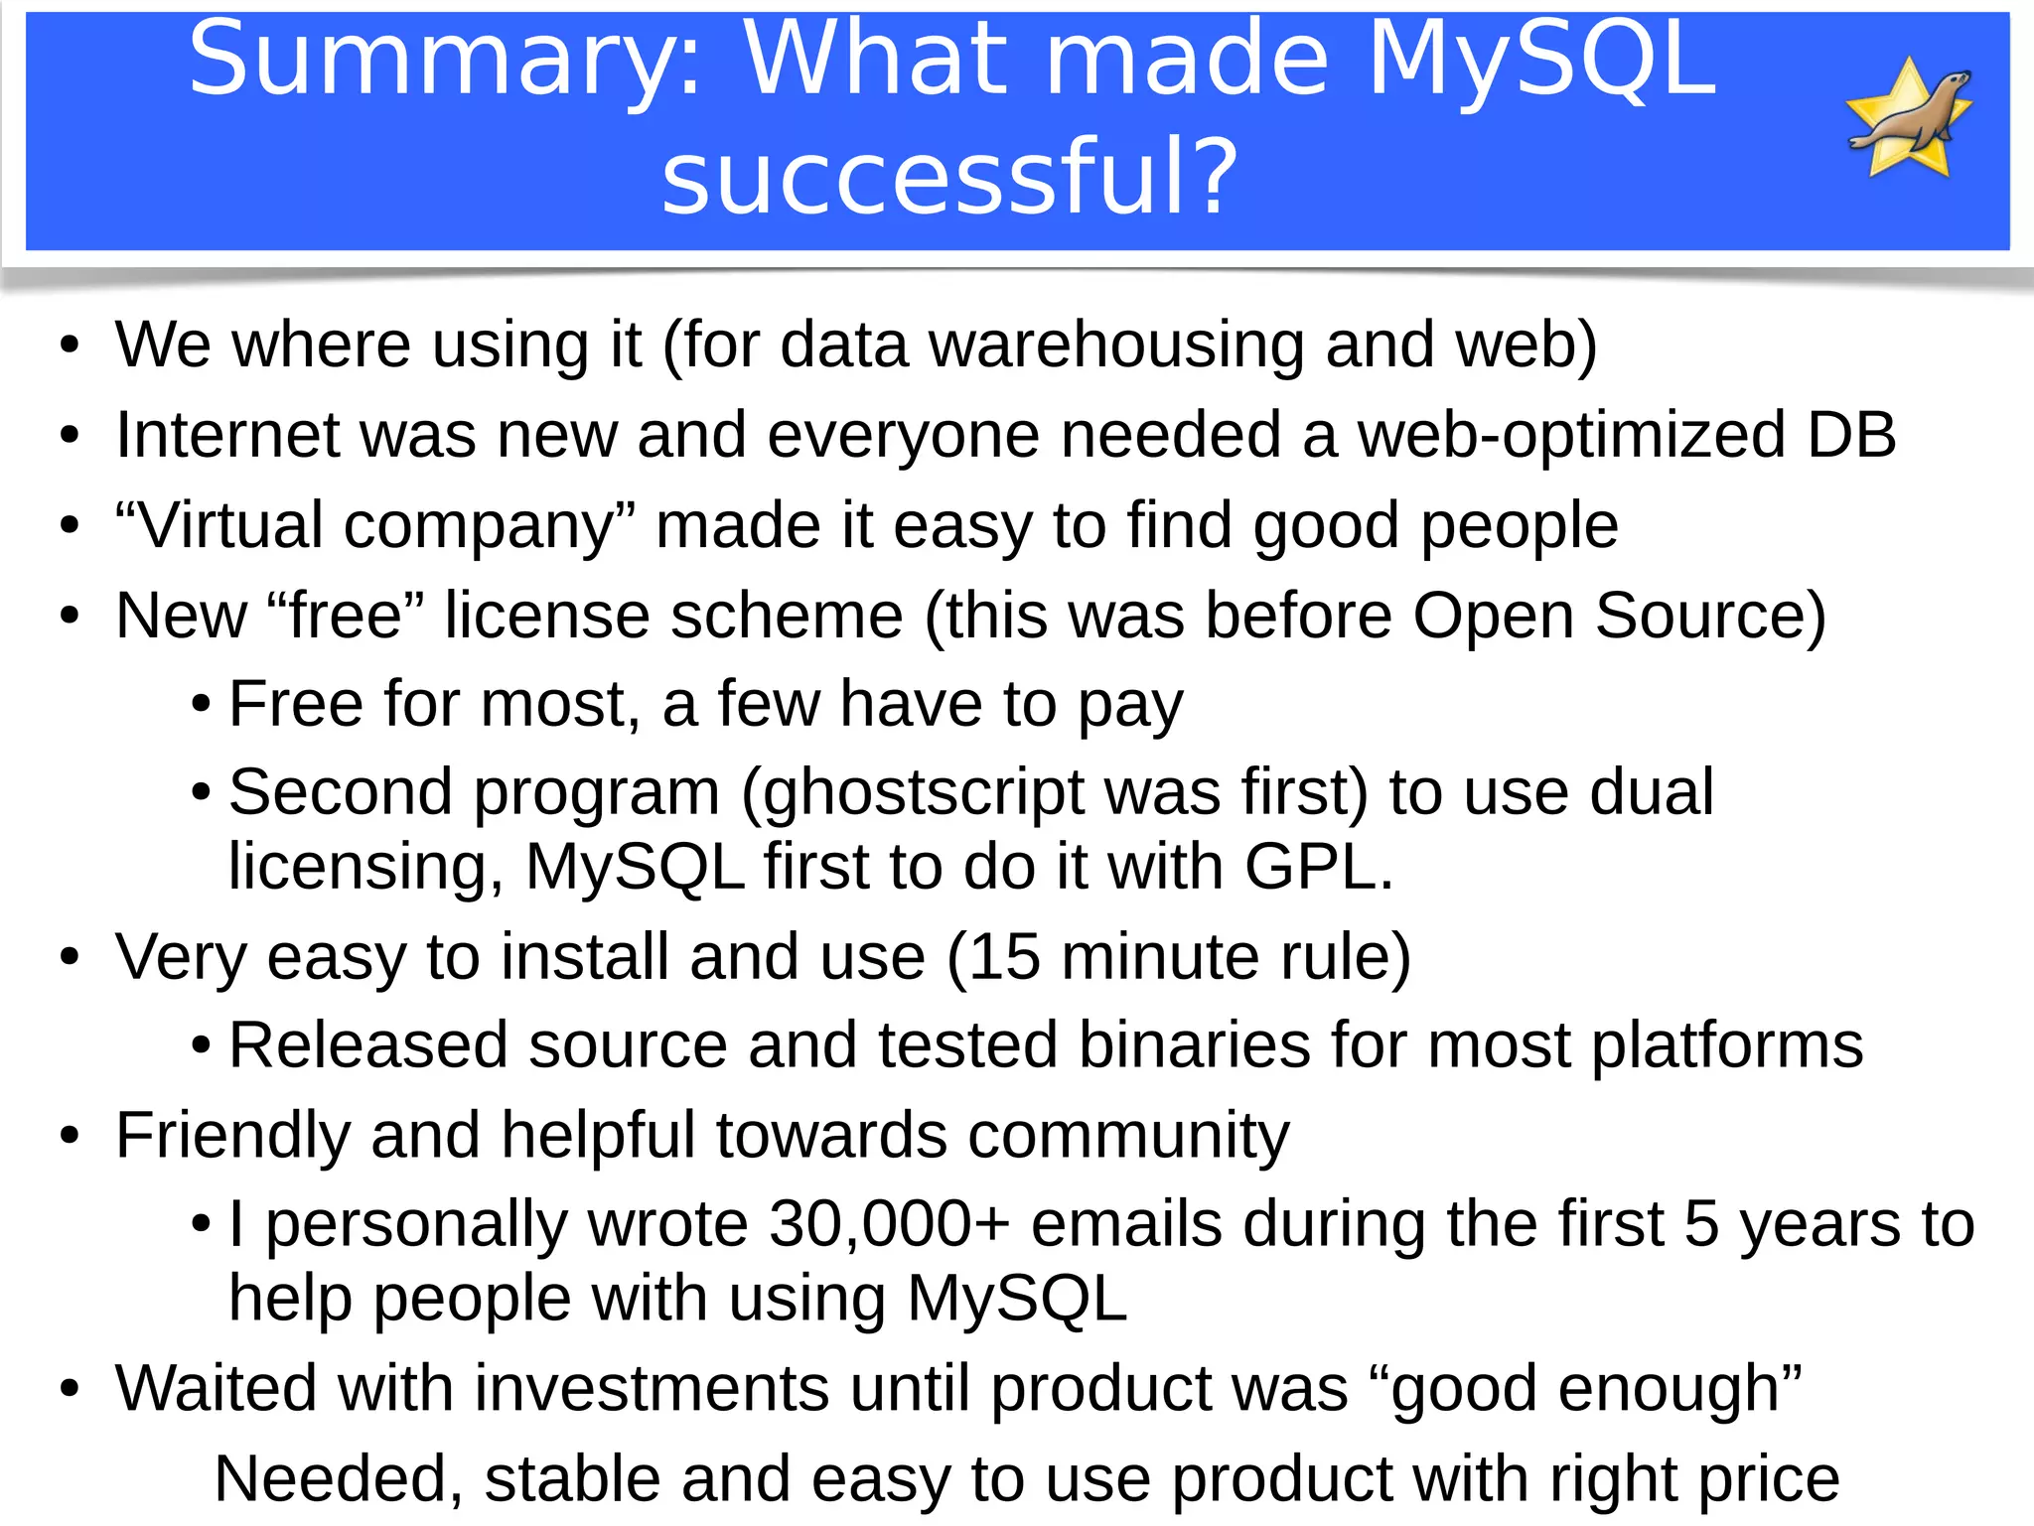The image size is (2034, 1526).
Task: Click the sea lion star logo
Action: (1909, 119)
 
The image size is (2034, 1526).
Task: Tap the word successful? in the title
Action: (949, 177)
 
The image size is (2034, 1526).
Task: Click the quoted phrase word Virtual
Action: (228, 525)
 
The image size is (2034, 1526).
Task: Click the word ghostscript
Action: (924, 792)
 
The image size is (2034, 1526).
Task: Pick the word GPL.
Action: (1319, 867)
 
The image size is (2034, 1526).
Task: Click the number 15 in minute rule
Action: (1004, 957)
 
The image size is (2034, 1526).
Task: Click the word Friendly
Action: (232, 1135)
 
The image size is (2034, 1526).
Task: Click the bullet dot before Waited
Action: (69, 1388)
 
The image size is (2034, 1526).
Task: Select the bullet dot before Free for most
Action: (202, 705)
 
